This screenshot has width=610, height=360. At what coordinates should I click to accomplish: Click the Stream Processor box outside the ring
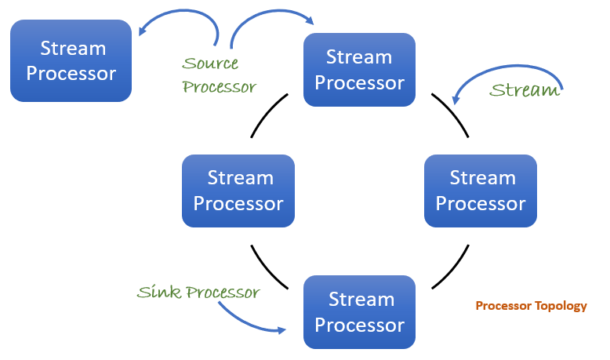pos(71,60)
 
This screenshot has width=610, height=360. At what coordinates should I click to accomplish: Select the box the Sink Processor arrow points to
pos(359,311)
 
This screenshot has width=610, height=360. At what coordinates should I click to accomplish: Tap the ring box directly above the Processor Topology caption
pos(480,191)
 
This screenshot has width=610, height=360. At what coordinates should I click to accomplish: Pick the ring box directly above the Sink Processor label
pos(238,191)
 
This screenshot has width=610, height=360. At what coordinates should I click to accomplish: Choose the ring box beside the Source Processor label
pos(359,69)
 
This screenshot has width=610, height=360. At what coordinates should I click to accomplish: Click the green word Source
pos(210,64)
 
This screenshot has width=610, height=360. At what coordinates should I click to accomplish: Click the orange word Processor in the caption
pos(503,306)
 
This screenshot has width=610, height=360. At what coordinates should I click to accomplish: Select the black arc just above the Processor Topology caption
pos(452,267)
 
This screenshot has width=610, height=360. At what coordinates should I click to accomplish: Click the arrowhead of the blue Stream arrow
pos(455,100)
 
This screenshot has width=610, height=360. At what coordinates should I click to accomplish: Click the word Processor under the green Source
pos(220,86)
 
